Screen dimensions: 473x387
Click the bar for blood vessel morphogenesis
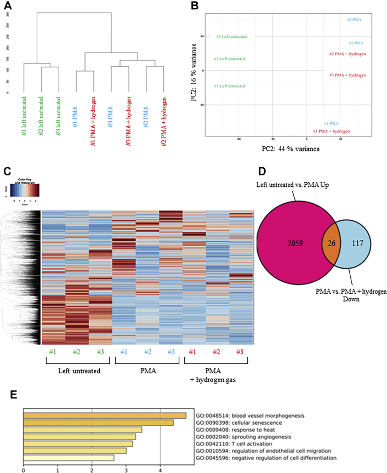(x=104, y=415)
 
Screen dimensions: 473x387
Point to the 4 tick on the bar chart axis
(x=160, y=469)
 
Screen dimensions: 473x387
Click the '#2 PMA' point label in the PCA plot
(x=354, y=20)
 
